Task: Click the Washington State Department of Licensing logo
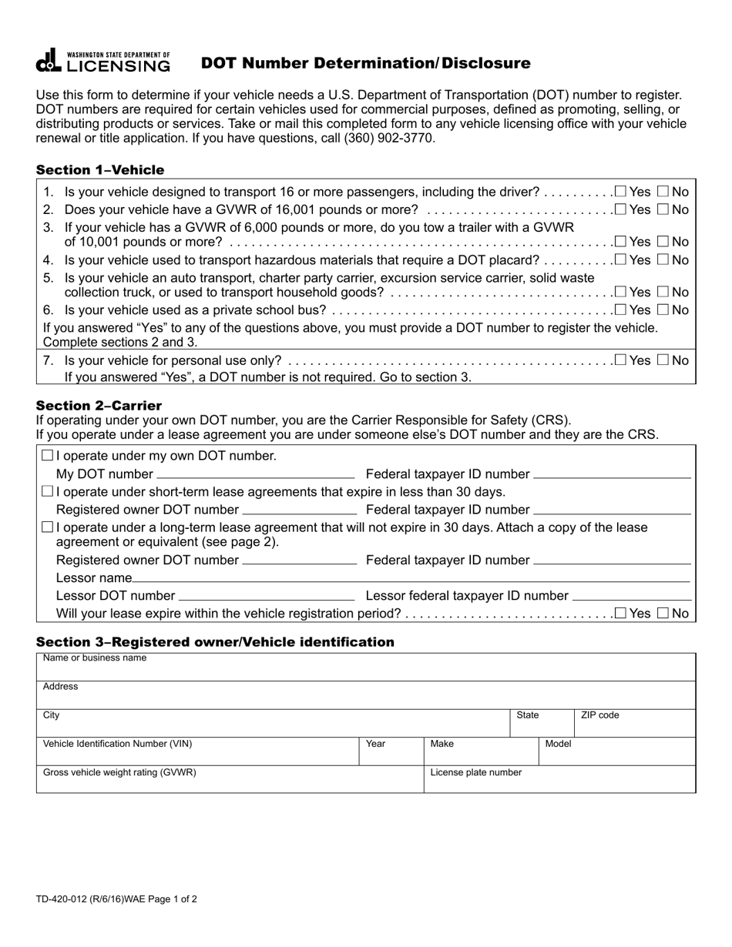click(x=103, y=62)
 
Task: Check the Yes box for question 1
click(x=620, y=192)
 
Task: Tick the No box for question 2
click(x=663, y=209)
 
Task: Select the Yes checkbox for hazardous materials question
click(x=620, y=260)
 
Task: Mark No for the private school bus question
click(x=663, y=310)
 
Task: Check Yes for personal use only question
click(x=620, y=360)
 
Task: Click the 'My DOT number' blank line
click(x=255, y=473)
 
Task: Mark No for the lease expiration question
click(x=663, y=614)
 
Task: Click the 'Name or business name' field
click(x=366, y=668)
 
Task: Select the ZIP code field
click(x=635, y=724)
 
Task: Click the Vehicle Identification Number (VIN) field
click(x=197, y=752)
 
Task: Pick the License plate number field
click(x=559, y=780)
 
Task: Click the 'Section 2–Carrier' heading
click(x=99, y=406)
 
